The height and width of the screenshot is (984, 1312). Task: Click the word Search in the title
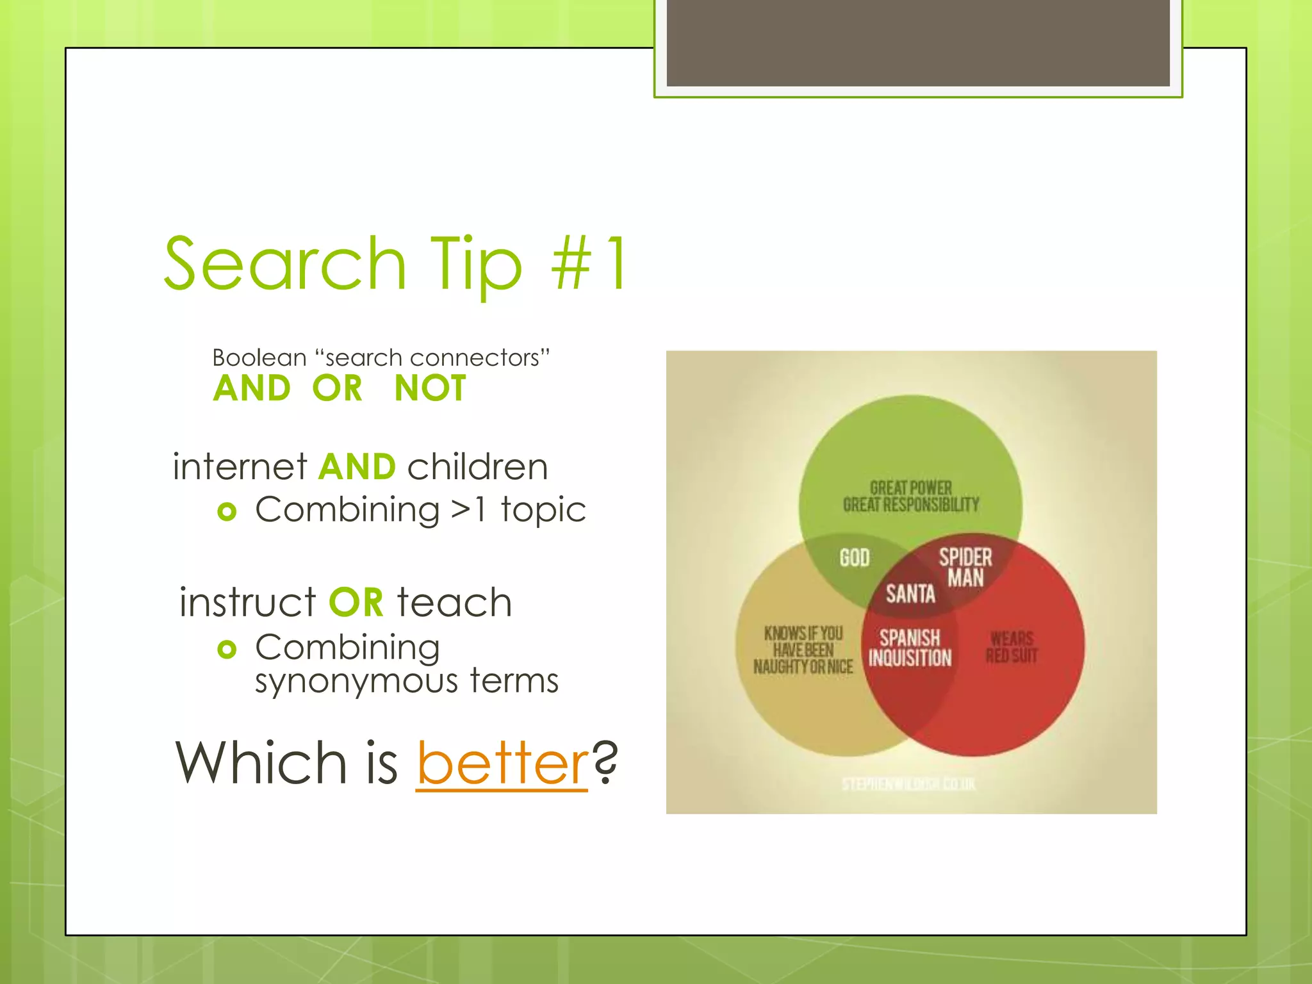tap(285, 263)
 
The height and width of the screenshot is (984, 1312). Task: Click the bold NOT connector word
tap(430, 388)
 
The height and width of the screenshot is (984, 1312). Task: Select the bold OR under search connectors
tap(337, 388)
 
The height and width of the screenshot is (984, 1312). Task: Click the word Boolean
tap(259, 357)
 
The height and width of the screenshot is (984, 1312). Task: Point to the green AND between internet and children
tap(357, 466)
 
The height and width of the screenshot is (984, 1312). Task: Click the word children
tap(477, 466)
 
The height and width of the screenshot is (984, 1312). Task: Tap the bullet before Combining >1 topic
tap(227, 511)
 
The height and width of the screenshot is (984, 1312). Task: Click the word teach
tap(454, 602)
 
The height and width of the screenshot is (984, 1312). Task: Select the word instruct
tap(247, 602)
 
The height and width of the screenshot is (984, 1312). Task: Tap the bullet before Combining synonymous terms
tap(227, 650)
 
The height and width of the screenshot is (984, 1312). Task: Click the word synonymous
tap(356, 680)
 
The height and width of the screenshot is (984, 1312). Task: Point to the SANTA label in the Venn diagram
tap(910, 594)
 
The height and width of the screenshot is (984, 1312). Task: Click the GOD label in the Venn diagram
tap(855, 558)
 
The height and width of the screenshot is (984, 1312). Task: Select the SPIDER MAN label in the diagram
tap(965, 567)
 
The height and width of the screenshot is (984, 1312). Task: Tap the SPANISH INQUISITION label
tap(910, 648)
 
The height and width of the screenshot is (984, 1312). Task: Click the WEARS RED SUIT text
tap(1012, 647)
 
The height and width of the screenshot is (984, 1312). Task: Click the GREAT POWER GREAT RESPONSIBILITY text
tap(911, 496)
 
